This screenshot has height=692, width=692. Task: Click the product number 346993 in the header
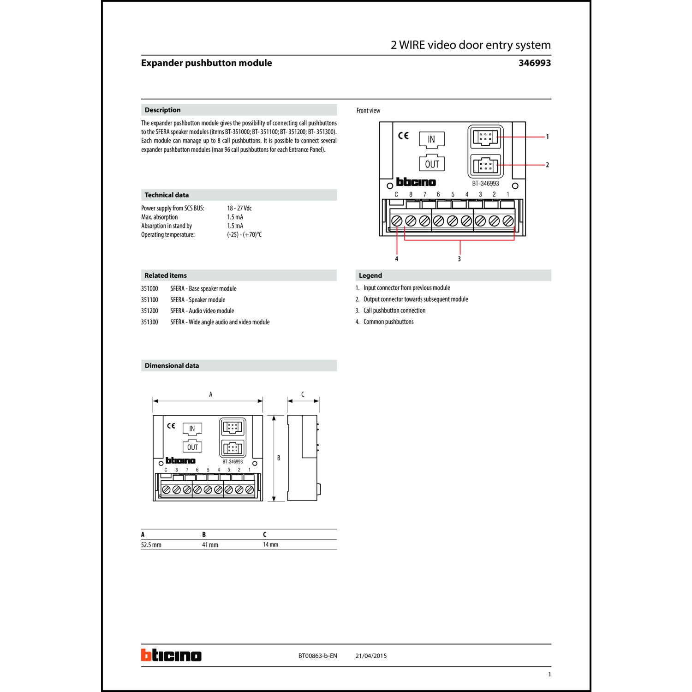click(x=534, y=63)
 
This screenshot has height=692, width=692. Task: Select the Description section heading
click(x=162, y=110)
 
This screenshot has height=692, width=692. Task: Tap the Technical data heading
click(x=167, y=195)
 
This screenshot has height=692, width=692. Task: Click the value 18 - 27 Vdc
click(x=239, y=208)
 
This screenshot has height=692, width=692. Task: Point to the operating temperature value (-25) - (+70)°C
click(x=244, y=235)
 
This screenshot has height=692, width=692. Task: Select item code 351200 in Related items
click(x=149, y=311)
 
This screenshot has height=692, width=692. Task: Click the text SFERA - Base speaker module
click(x=203, y=289)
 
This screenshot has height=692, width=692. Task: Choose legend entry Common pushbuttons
click(x=388, y=322)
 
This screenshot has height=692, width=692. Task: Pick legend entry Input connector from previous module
click(x=406, y=288)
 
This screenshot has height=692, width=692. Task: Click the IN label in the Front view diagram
click(x=431, y=139)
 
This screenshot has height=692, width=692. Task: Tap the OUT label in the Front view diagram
click(x=432, y=164)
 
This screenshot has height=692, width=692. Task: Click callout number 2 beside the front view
click(x=547, y=165)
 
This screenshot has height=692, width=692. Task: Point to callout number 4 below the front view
click(x=396, y=259)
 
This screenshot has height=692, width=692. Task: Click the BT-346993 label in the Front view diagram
click(x=485, y=184)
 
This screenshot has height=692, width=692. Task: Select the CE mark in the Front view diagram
click(x=403, y=136)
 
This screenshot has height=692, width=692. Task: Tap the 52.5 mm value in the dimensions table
click(x=151, y=545)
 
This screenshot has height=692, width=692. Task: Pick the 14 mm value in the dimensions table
click(x=270, y=545)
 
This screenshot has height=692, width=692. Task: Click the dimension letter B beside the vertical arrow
click(x=279, y=458)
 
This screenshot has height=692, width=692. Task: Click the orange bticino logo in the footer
click(x=171, y=655)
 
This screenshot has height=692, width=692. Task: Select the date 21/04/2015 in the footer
click(x=371, y=656)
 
